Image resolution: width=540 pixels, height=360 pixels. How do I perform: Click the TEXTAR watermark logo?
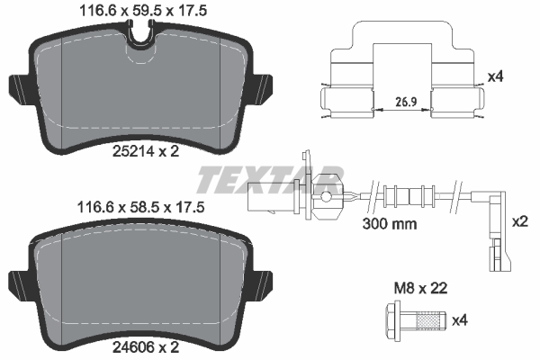pyautogui.click(x=270, y=179)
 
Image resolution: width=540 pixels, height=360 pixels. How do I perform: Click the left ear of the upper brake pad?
pyautogui.click(x=20, y=87)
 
